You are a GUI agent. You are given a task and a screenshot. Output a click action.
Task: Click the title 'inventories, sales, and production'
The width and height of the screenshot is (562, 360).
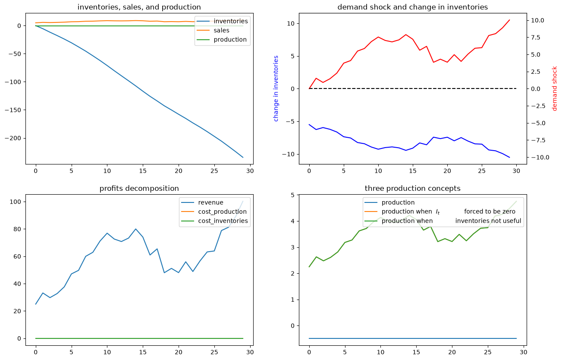[139, 7]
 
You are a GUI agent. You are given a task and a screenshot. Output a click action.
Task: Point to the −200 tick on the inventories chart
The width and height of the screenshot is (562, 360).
[15, 138]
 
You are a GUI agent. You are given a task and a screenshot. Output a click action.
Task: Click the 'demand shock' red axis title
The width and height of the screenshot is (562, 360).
[555, 88]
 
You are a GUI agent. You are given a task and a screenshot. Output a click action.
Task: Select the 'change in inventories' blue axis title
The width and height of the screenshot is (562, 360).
[276, 88]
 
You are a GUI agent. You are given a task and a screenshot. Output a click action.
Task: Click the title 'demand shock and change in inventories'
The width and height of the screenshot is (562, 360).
[412, 7]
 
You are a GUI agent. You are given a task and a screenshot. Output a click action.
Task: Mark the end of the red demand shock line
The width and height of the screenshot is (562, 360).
[509, 20]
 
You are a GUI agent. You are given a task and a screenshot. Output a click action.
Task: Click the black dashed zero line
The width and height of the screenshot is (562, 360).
[412, 88]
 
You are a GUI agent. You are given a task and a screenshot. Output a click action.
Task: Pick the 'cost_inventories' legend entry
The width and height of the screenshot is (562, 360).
[214, 221]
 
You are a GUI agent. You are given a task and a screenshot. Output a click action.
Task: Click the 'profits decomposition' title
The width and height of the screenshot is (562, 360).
[139, 189]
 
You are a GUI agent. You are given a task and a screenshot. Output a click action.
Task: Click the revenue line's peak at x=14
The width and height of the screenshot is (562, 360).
[136, 229]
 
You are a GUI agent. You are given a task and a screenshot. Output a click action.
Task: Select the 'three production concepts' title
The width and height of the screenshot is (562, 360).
[412, 189]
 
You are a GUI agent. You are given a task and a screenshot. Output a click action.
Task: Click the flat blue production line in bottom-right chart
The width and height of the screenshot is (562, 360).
[412, 338]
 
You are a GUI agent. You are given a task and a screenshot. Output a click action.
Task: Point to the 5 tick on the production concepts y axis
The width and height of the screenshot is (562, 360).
[293, 195]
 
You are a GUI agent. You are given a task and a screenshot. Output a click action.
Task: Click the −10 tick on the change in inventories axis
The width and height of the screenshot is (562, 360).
[289, 154]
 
